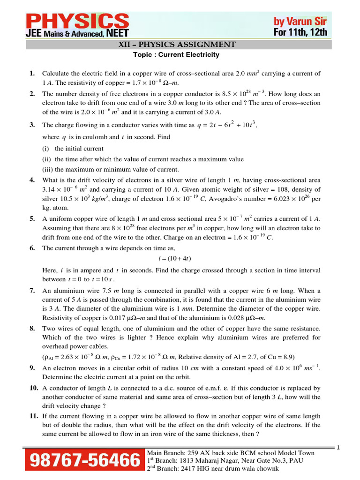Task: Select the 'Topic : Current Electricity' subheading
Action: tap(177, 55)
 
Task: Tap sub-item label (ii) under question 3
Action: tap(47, 159)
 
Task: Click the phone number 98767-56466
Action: tap(85, 460)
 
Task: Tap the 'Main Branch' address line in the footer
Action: tap(231, 453)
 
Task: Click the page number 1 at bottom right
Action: tap(351, 448)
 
